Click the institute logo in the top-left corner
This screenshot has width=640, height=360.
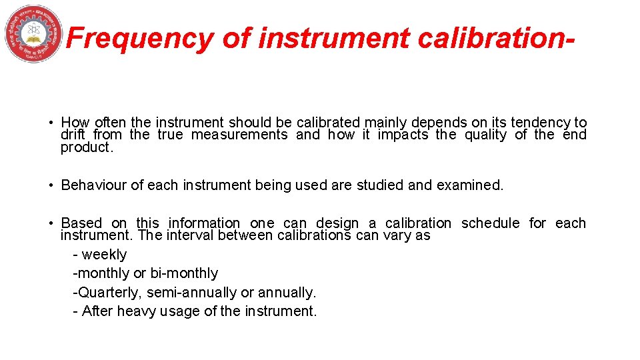click(x=33, y=33)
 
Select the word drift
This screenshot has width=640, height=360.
click(x=73, y=135)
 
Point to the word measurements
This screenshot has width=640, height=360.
click(x=239, y=135)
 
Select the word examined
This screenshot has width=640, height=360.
click(x=470, y=185)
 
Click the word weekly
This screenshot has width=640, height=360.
click(x=104, y=255)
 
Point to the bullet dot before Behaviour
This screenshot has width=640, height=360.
click(x=51, y=185)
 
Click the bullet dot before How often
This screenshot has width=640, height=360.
click(x=51, y=123)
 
